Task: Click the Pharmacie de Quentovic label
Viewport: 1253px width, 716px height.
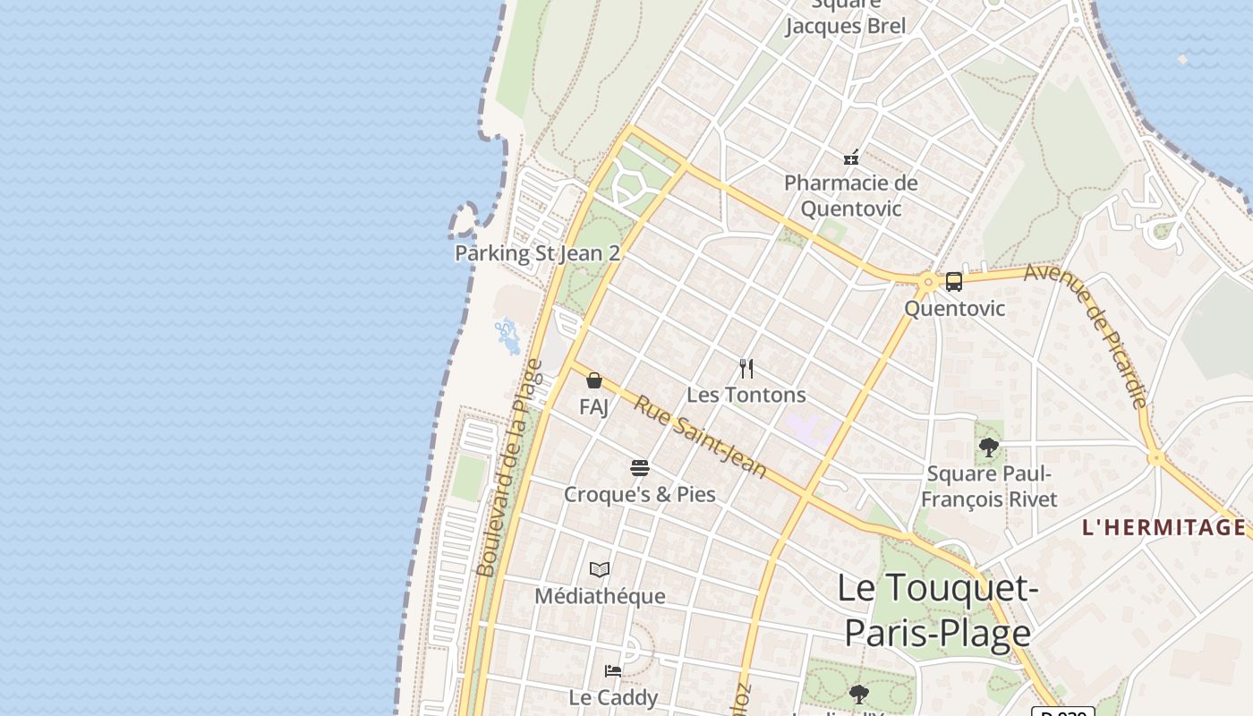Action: tap(850, 196)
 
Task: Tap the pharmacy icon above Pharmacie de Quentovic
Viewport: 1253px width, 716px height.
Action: tap(851, 158)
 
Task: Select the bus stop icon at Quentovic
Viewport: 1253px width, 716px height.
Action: tap(954, 282)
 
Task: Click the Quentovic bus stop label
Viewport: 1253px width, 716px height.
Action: tap(954, 309)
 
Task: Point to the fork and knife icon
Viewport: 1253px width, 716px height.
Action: tap(746, 368)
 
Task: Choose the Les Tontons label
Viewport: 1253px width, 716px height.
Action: tap(746, 395)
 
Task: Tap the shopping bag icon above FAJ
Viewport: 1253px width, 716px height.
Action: tap(593, 381)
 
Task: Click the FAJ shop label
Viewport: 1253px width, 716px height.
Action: tap(593, 407)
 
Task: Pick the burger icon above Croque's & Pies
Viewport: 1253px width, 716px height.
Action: tap(639, 468)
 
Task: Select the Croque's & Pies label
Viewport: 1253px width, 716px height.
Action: tap(639, 494)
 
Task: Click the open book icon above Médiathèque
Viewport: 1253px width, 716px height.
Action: tap(600, 569)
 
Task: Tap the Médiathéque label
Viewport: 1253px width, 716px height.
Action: tap(600, 596)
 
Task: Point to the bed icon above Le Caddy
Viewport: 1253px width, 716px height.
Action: tap(613, 670)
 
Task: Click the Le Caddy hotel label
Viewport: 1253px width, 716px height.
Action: tap(613, 697)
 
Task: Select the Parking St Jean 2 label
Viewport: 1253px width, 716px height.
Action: tap(537, 253)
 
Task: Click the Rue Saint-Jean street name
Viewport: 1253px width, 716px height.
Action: tap(701, 438)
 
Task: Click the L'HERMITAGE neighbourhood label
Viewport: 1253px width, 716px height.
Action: tap(1163, 527)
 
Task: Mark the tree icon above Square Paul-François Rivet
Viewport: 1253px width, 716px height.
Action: tap(989, 447)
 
